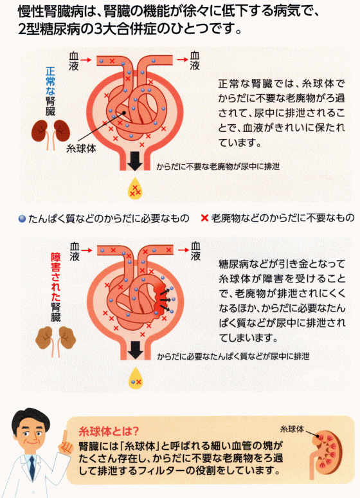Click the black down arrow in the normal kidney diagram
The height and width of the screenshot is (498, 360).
tap(134, 161)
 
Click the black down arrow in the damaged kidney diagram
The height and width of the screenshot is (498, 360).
tap(135, 350)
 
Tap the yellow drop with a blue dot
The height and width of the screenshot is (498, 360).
tap(136, 378)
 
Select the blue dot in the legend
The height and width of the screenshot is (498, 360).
tap(22, 219)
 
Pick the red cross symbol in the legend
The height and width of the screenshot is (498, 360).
tap(204, 218)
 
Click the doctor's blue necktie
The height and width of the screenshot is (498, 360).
tap(32, 468)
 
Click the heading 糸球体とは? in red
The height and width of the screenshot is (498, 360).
tap(109, 431)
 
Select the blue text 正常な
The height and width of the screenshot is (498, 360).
tap(51, 81)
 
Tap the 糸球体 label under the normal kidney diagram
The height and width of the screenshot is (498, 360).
tap(81, 149)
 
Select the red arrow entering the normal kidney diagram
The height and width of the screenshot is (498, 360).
tap(85, 60)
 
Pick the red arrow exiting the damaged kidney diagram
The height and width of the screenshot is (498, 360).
tap(183, 250)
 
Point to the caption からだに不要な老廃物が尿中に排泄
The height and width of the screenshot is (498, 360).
tap(218, 167)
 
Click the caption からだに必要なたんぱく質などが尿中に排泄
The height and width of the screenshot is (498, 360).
tap(233, 356)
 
